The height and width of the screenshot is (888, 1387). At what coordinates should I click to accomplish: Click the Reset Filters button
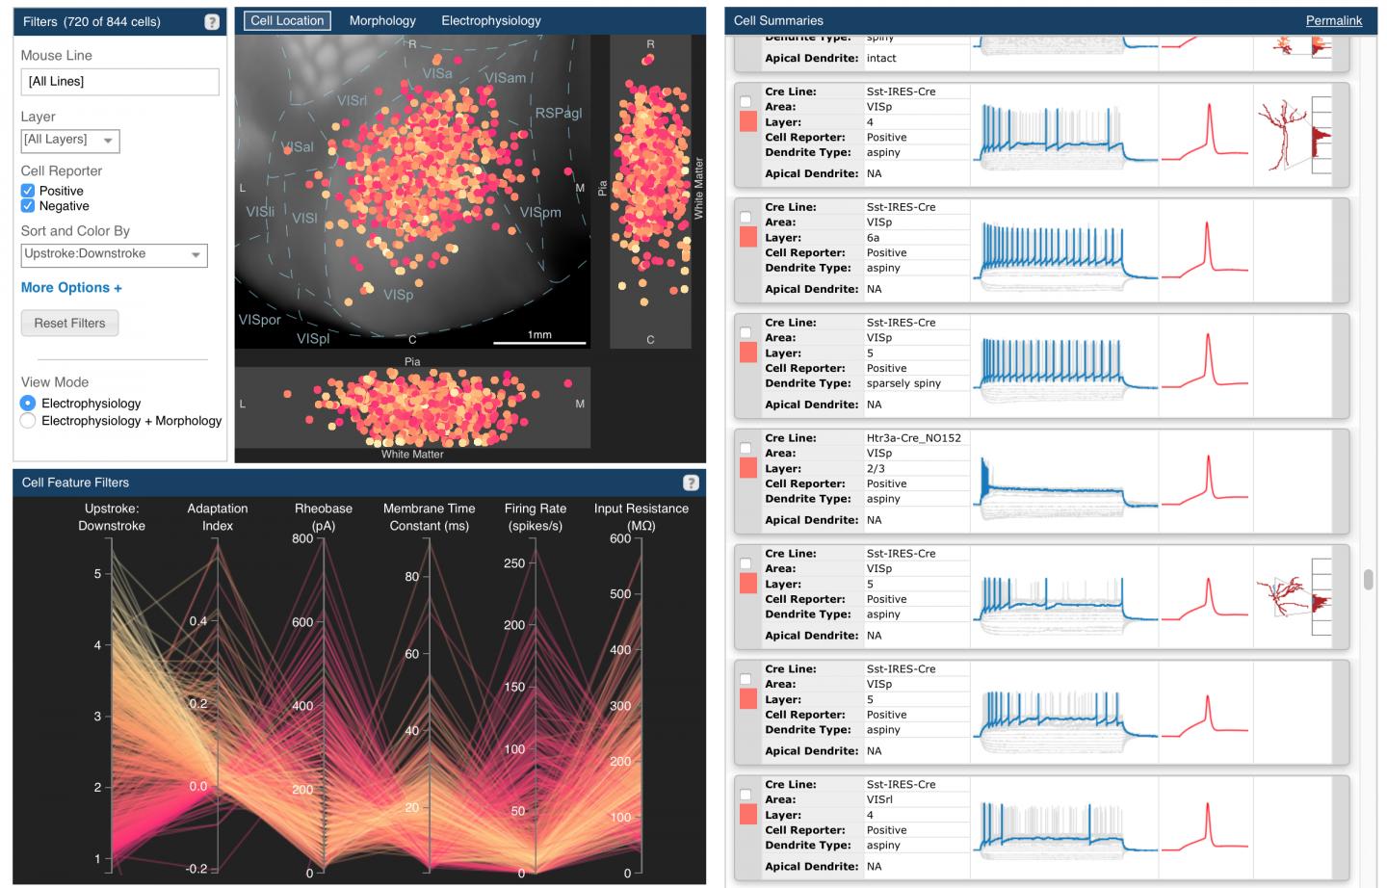coord(69,323)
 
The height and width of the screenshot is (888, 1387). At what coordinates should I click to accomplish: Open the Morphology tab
coord(382,20)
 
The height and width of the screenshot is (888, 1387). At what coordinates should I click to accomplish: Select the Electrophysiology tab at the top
coord(490,20)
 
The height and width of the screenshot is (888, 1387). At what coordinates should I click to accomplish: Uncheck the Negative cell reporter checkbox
coord(28,206)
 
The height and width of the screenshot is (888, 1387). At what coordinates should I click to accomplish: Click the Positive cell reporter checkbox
coord(28,191)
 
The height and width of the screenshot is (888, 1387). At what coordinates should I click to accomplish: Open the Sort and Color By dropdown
coord(114,254)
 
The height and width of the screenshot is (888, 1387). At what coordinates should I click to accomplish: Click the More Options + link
coord(71,287)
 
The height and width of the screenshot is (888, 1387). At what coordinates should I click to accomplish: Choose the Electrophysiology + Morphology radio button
coord(28,421)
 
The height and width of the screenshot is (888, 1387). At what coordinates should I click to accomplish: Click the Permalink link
coord(1333,20)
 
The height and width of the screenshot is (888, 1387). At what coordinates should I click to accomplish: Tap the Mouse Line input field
coord(119,82)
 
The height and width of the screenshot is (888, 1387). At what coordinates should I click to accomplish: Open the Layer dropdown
coord(70,141)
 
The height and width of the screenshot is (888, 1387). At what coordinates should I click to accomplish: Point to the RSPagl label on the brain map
coord(558,113)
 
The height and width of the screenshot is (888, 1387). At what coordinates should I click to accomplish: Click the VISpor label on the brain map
coord(259,319)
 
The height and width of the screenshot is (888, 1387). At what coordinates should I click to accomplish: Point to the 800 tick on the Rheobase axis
coord(302,539)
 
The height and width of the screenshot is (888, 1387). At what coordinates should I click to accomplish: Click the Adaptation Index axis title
coord(218,517)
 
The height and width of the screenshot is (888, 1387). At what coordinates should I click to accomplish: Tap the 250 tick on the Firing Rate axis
coord(514,563)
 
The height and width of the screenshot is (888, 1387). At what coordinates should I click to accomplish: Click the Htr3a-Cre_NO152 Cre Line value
coord(913,437)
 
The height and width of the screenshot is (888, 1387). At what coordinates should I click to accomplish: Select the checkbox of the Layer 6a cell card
coord(746,217)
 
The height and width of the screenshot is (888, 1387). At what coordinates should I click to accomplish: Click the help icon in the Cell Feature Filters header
coord(690,483)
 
